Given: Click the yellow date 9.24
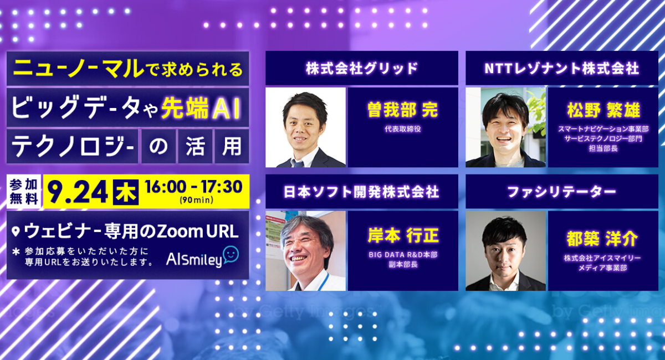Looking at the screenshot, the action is [78, 192].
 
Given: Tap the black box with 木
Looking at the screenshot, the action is [126, 192].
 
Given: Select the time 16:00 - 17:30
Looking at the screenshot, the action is [193, 187].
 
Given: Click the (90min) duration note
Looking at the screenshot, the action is [196, 200].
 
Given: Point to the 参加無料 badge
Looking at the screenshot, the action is [24, 192].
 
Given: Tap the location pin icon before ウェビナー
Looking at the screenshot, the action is [16, 232].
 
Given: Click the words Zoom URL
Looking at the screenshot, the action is [198, 232].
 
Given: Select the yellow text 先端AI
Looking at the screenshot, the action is [201, 109].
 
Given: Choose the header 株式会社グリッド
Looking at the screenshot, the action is [361, 68].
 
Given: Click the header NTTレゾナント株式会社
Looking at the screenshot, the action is [562, 68].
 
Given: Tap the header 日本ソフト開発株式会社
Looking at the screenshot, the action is [361, 192].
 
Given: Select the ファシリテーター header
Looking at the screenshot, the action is [562, 192].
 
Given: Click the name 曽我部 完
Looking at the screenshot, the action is [403, 110].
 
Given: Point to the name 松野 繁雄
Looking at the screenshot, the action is [603, 110].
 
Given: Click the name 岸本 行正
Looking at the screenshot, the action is [403, 235].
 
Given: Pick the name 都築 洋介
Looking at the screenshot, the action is [602, 239].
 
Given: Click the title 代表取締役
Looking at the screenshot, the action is [403, 129].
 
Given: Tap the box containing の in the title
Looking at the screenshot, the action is [158, 146].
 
